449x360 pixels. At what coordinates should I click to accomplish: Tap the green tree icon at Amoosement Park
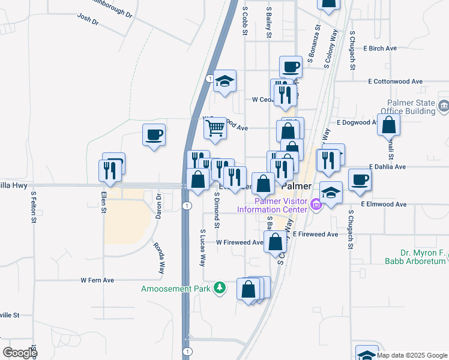(x=220, y=288)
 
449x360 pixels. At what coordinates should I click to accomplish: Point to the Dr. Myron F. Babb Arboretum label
(x=415, y=256)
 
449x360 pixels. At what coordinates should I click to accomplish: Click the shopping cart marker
(x=215, y=128)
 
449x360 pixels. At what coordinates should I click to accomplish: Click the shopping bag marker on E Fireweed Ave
(x=275, y=242)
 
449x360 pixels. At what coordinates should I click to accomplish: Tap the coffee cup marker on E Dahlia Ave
(x=360, y=179)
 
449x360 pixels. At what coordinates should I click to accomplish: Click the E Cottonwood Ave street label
(x=396, y=81)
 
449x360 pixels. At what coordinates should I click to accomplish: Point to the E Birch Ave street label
(x=380, y=48)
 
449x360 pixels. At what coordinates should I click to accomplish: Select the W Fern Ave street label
(x=97, y=280)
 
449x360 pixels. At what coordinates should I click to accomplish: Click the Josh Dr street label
(x=88, y=19)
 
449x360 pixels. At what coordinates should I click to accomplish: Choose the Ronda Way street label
(x=158, y=259)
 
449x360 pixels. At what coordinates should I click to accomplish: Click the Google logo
(x=20, y=353)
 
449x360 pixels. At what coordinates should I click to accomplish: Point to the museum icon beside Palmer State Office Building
(x=444, y=107)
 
